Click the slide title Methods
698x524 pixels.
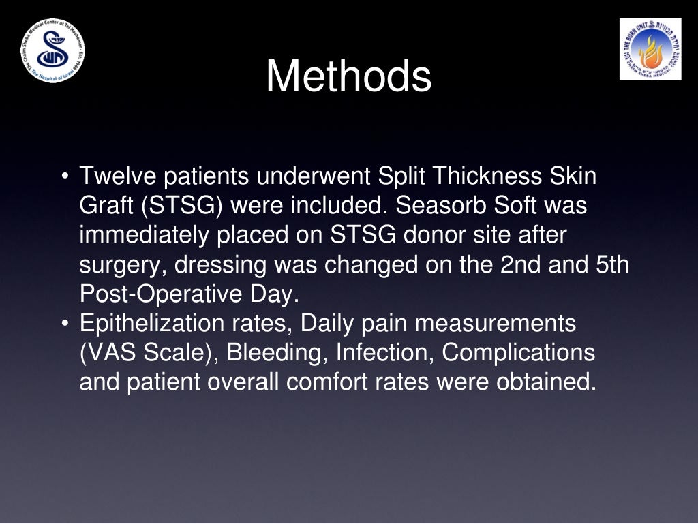click(x=348, y=76)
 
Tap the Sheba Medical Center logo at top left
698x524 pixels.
click(x=52, y=52)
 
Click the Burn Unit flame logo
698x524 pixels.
click(x=650, y=49)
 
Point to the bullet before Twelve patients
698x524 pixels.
click(x=64, y=177)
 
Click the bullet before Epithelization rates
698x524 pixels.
click(x=64, y=324)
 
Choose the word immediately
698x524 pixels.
click(x=145, y=235)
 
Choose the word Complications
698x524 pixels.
click(x=519, y=353)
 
